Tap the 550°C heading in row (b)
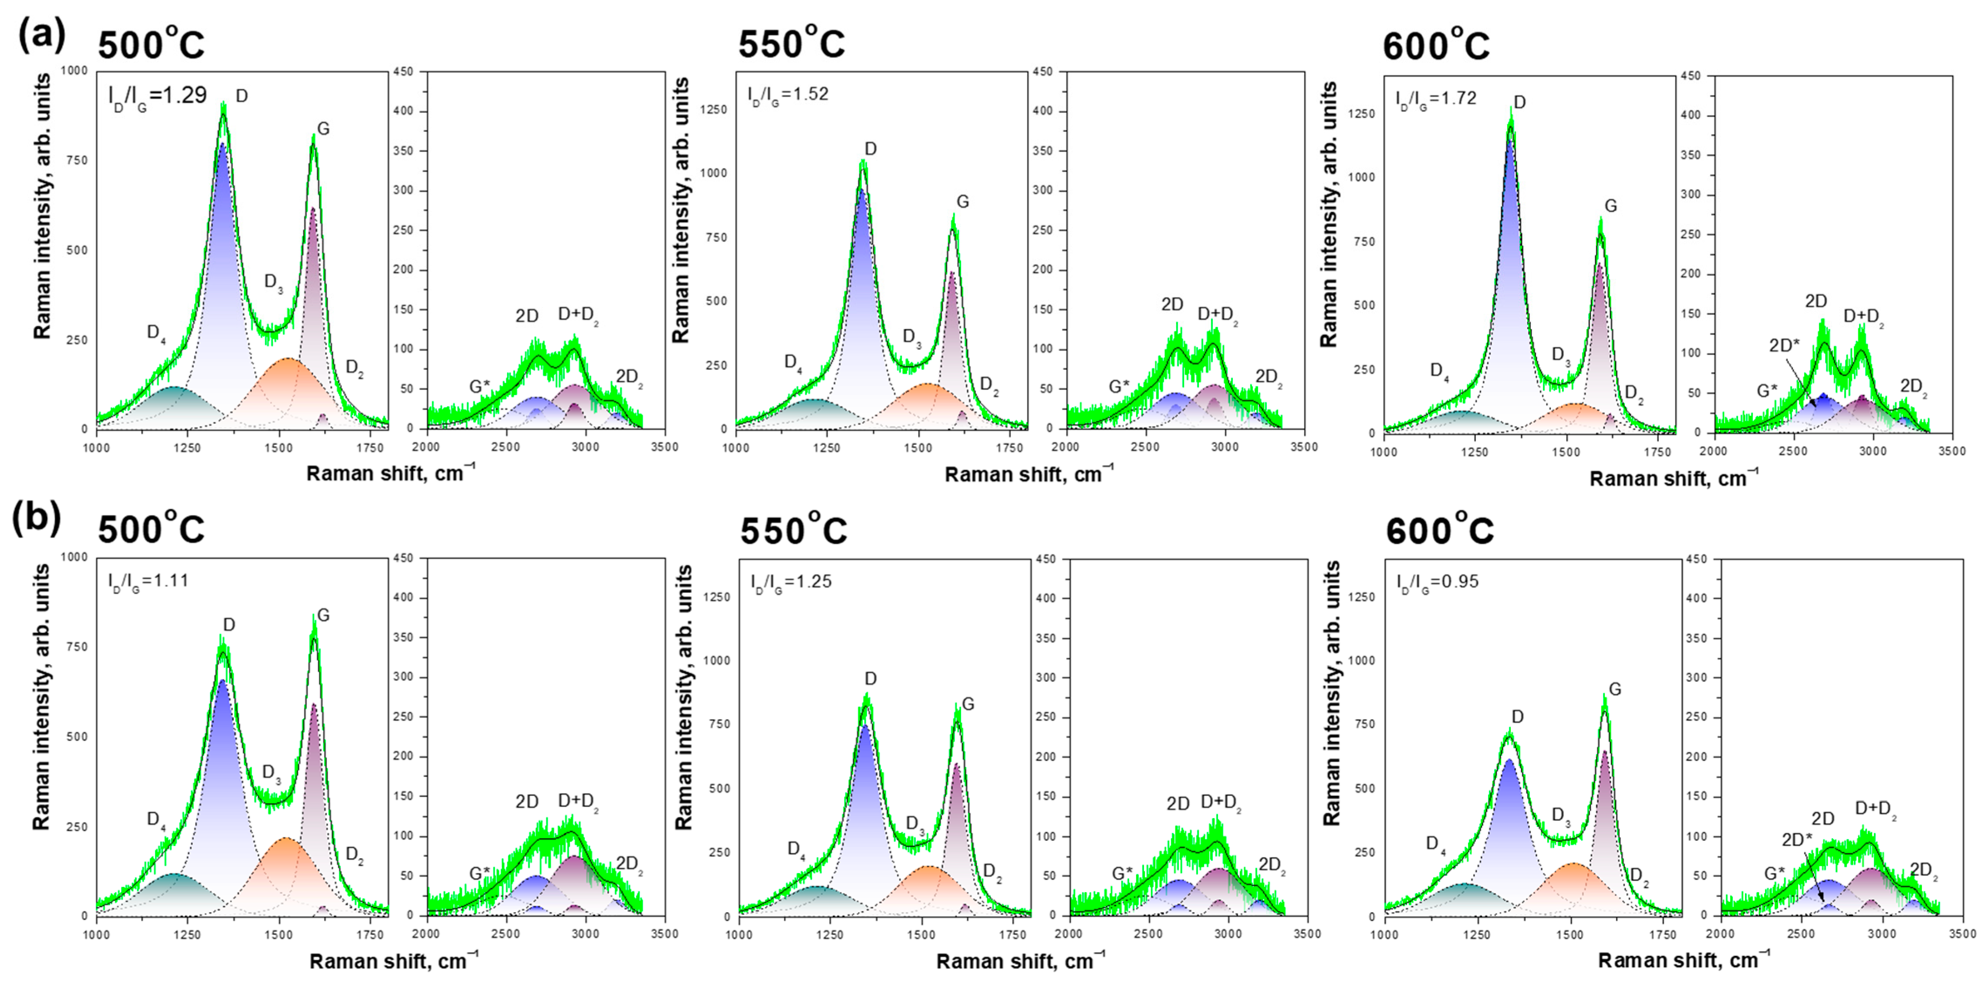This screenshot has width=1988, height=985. pyautogui.click(x=793, y=530)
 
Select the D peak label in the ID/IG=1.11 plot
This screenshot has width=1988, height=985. pyautogui.click(x=229, y=625)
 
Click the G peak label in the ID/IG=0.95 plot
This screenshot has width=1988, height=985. pyautogui.click(x=1614, y=689)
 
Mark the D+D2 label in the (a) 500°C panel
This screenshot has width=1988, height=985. pyautogui.click(x=578, y=315)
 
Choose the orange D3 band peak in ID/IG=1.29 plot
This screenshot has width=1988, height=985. pyautogui.click(x=288, y=360)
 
